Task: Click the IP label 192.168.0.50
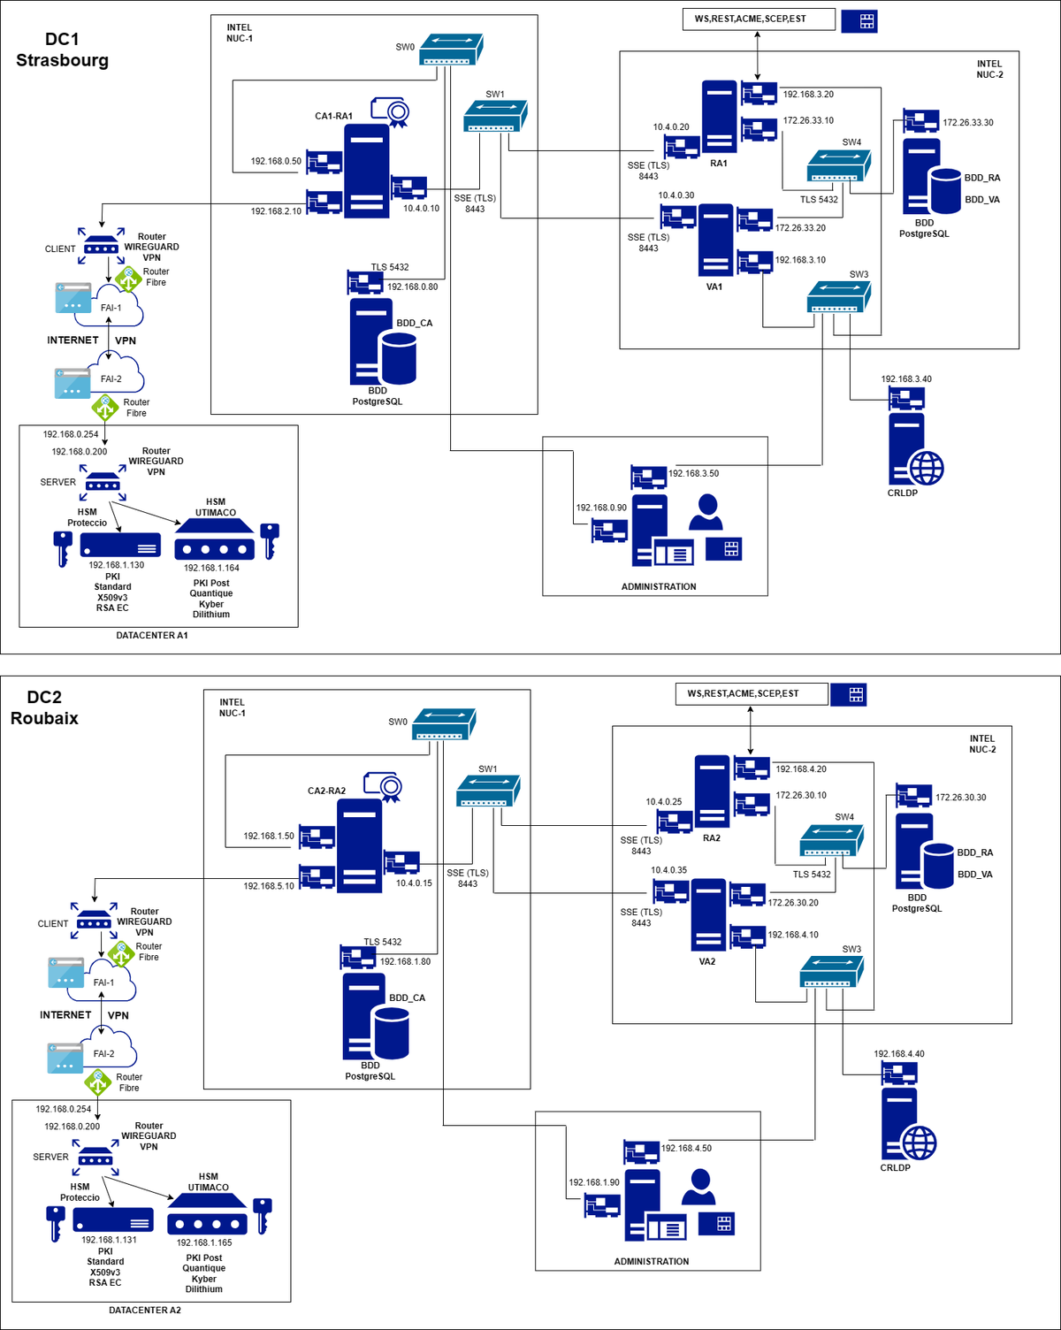tap(276, 161)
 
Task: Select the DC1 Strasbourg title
tap(63, 50)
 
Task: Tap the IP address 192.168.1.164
tap(211, 568)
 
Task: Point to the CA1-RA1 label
tap(333, 116)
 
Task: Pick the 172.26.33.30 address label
tap(967, 122)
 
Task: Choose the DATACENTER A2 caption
tap(145, 1311)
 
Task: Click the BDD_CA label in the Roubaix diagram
tap(408, 998)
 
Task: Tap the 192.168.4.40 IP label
tap(899, 1054)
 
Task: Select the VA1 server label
tap(714, 287)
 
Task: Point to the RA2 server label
tap(711, 838)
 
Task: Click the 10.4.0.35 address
tap(668, 870)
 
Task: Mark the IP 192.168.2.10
tap(276, 211)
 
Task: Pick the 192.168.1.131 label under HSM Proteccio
tap(109, 1240)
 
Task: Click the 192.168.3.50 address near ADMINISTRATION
tap(693, 473)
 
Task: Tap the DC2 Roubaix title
tap(44, 707)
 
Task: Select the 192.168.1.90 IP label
tap(594, 1182)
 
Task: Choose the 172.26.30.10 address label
tap(801, 795)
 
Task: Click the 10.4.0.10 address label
tap(422, 209)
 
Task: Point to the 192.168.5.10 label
tap(268, 886)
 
